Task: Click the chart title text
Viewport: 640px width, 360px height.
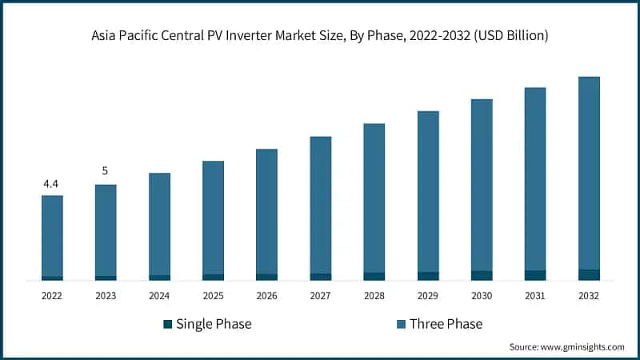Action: (x=320, y=36)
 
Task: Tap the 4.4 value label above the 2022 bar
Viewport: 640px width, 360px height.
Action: (x=51, y=184)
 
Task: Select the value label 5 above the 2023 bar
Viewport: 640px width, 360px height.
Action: (x=105, y=170)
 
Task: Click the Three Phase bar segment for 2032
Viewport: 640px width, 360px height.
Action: (x=589, y=173)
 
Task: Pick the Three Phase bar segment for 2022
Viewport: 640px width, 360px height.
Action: (x=52, y=236)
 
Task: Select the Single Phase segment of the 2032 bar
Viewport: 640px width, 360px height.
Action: (x=589, y=274)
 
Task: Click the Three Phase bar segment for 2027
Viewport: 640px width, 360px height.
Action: (x=320, y=205)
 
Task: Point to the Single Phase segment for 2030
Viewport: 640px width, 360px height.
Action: (x=482, y=275)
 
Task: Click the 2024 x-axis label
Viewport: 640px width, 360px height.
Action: (x=159, y=296)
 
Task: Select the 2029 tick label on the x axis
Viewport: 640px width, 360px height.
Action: (x=428, y=296)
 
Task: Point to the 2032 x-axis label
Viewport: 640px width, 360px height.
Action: (x=589, y=296)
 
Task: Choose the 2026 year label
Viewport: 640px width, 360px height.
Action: (x=266, y=296)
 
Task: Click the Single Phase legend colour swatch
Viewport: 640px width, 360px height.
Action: (x=167, y=324)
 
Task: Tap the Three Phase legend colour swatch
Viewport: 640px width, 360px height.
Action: (x=401, y=324)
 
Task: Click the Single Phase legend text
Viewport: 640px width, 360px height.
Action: (x=214, y=324)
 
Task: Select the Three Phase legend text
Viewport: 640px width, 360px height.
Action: (x=446, y=324)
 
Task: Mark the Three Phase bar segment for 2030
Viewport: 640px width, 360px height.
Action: (x=482, y=185)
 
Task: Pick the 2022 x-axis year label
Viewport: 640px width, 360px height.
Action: (x=52, y=296)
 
